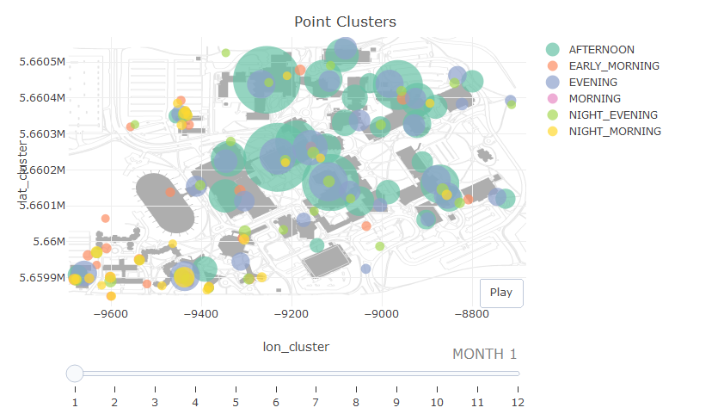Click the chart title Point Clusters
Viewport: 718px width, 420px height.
tap(345, 22)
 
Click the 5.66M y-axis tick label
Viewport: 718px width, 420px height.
tap(47, 242)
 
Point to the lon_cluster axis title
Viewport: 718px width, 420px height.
tap(296, 346)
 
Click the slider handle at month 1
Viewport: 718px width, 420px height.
tap(75, 373)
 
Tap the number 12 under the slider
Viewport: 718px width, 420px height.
tap(518, 402)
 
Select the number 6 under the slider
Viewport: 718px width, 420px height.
tap(276, 402)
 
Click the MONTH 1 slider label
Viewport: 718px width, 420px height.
tap(484, 354)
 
